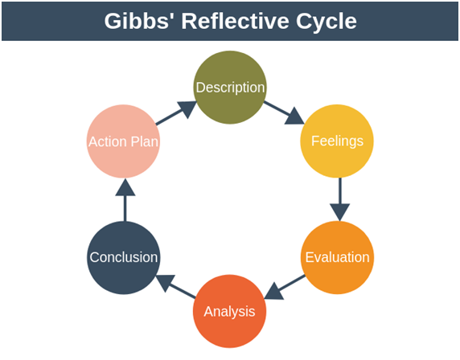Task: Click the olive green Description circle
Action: click(230, 88)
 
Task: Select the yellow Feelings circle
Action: click(337, 141)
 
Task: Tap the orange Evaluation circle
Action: click(337, 257)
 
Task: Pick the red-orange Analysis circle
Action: click(229, 311)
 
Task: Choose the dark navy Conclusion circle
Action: click(124, 257)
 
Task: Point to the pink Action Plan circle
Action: click(123, 141)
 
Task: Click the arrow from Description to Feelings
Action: click(284, 112)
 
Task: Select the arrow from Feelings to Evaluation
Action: click(339, 199)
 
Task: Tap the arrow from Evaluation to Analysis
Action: click(285, 288)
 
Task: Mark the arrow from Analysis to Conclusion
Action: click(175, 286)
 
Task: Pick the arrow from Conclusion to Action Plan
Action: click(125, 200)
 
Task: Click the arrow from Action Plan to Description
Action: click(176, 113)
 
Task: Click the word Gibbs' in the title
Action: click(137, 21)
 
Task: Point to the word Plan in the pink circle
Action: click(144, 141)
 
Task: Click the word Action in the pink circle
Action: click(108, 141)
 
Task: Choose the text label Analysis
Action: click(229, 312)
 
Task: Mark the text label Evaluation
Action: click(338, 257)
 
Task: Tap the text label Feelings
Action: click(338, 141)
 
